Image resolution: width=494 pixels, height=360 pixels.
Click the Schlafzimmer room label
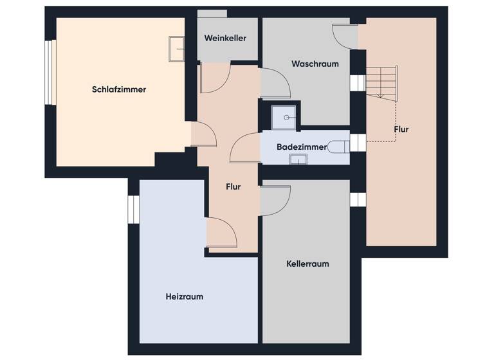[x=119, y=89]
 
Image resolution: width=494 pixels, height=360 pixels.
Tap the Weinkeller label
[x=225, y=39]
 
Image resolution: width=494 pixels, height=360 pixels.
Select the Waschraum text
[x=315, y=64]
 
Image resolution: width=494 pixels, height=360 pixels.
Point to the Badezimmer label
[x=302, y=147]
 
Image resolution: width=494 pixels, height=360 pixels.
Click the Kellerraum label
[x=307, y=264]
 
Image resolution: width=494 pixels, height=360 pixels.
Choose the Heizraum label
[x=184, y=296]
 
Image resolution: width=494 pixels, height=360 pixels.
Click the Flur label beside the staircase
[x=401, y=129]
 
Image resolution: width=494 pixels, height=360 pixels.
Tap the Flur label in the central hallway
[x=233, y=187]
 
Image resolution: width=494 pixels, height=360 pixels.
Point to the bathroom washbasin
[x=298, y=159]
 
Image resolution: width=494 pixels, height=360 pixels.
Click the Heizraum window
[x=133, y=210]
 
